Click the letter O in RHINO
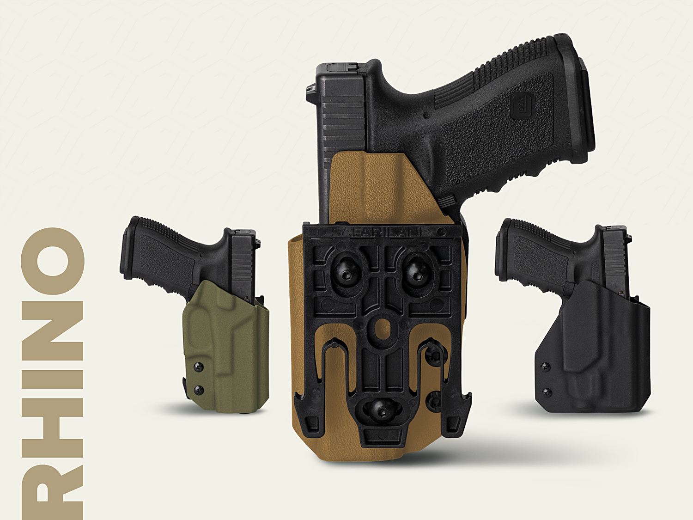pos(52,261)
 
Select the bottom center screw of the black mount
pos(382,411)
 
